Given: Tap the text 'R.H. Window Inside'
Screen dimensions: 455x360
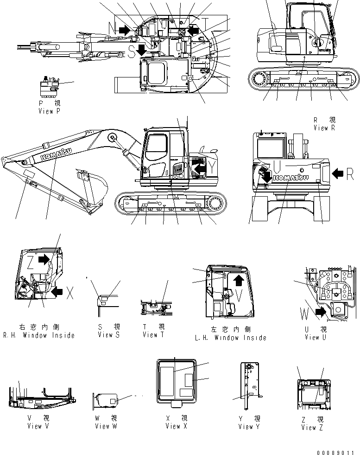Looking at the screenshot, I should coord(38,335).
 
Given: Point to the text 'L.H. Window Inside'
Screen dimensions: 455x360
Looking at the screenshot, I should coord(230,338).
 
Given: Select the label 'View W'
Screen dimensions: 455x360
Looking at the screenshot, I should coord(106,426).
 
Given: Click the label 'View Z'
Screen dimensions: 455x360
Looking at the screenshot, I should coord(309,428).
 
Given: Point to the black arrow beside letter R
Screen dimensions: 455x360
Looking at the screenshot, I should coord(339,173).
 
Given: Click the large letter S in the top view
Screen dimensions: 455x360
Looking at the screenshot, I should coord(132,52).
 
